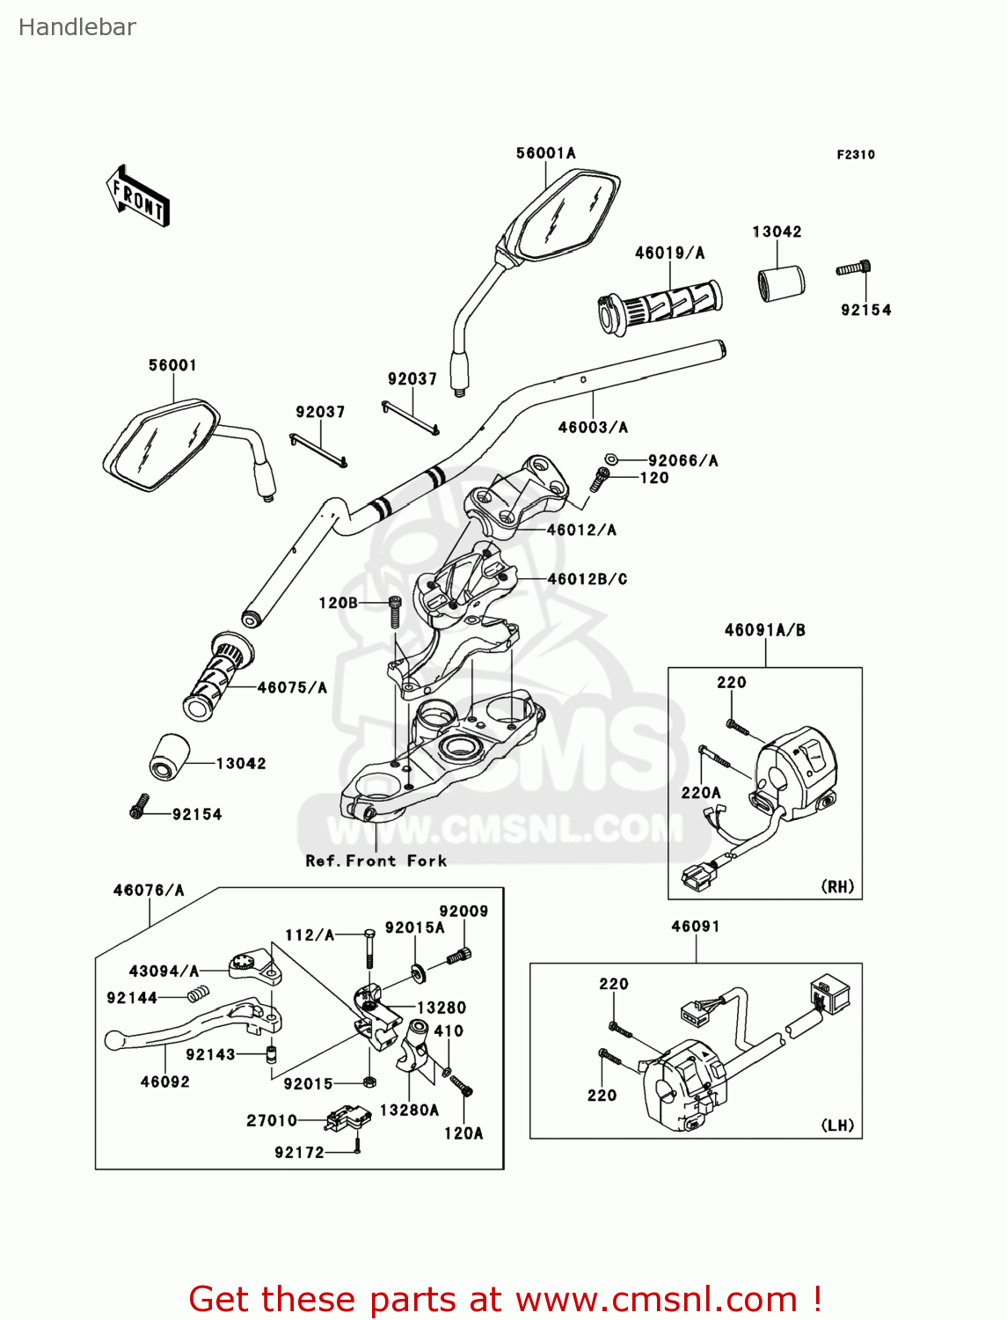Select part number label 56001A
point(545,153)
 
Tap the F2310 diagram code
point(855,155)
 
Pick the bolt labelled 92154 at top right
point(854,268)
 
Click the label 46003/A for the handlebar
point(593,428)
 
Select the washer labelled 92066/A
point(610,459)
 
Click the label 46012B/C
point(587,579)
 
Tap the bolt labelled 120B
point(395,609)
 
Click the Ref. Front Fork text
point(376,861)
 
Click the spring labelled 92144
point(198,994)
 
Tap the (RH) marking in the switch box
point(837,886)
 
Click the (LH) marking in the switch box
point(837,1125)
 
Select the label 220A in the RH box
point(701,792)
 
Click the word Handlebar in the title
point(77,27)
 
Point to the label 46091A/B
point(764,630)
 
